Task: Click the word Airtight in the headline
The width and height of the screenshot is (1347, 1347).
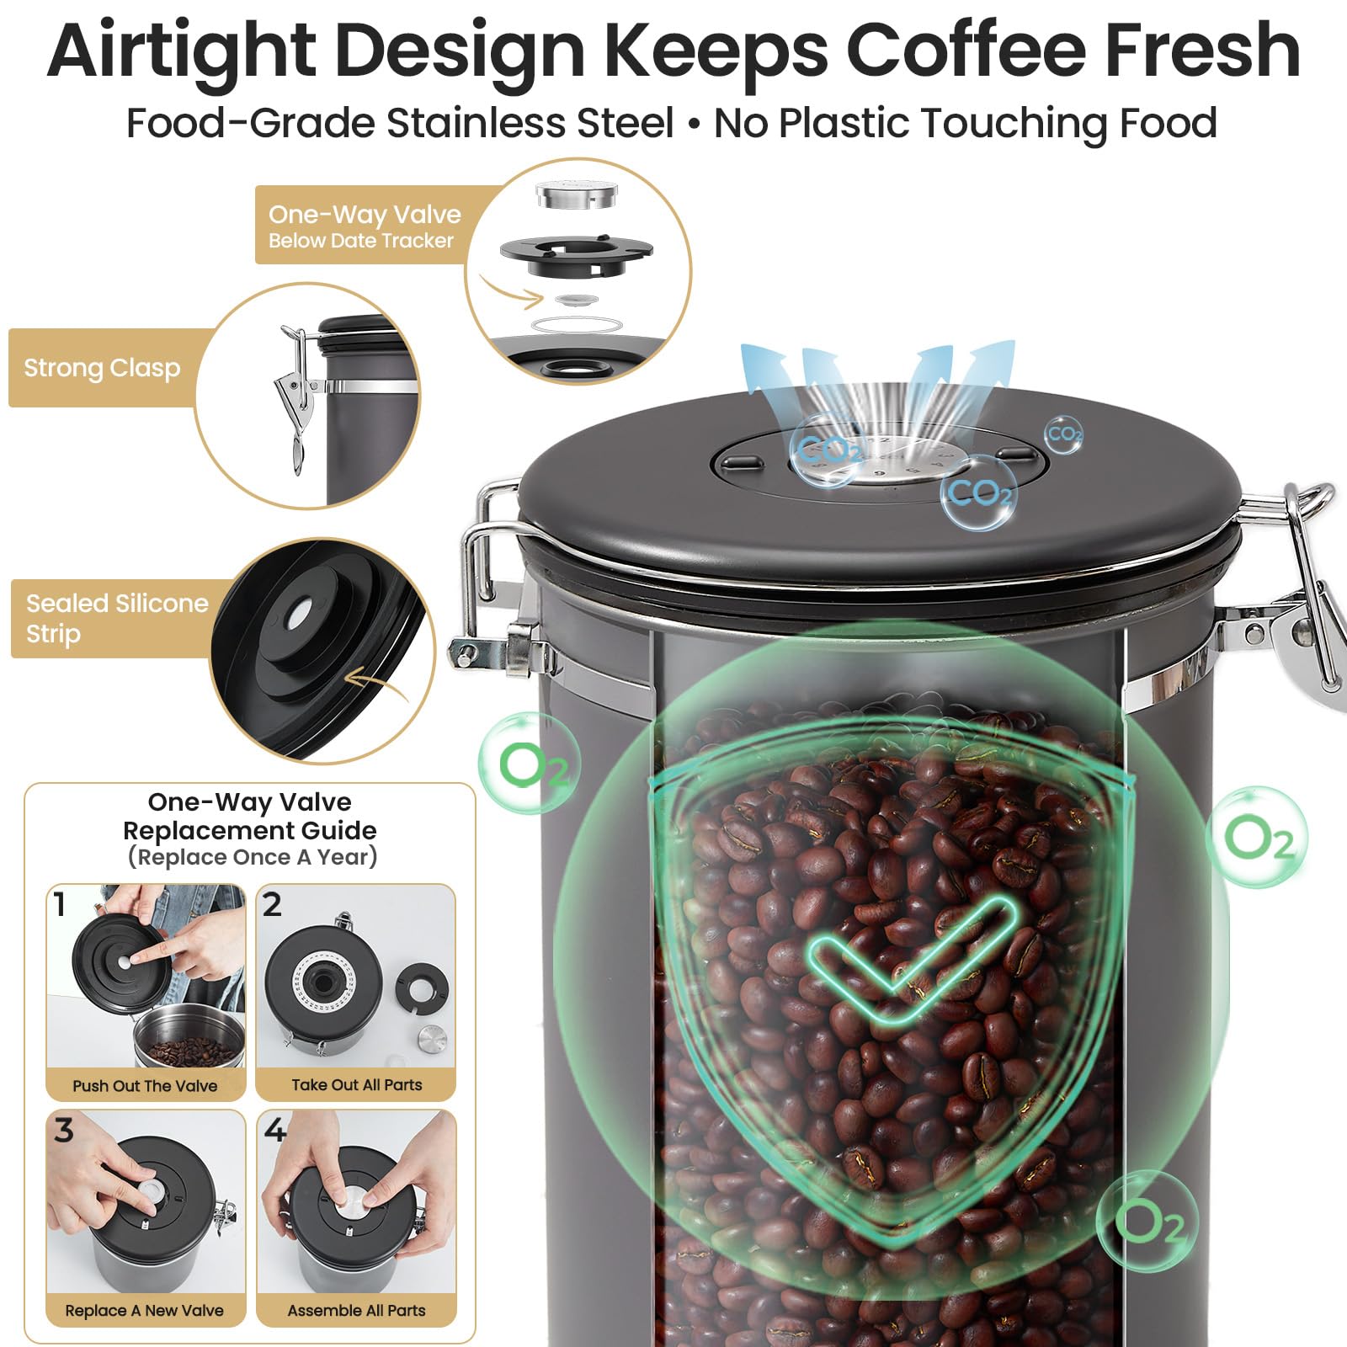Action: [182, 51]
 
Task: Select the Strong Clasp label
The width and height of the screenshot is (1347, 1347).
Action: [102, 368]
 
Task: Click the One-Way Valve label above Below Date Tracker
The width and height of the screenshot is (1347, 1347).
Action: [365, 215]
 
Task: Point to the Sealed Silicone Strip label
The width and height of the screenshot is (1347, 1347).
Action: [117, 618]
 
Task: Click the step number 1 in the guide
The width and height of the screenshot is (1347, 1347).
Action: [59, 905]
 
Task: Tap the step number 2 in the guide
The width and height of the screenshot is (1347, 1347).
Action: [272, 904]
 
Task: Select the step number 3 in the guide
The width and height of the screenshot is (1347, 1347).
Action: [64, 1130]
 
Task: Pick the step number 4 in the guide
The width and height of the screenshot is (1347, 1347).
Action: [274, 1129]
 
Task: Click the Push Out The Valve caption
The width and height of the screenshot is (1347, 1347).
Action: [145, 1086]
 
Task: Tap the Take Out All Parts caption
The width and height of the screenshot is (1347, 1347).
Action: [357, 1085]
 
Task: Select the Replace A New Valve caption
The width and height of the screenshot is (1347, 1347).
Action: [144, 1311]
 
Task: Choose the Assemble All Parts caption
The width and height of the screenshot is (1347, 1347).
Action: [356, 1311]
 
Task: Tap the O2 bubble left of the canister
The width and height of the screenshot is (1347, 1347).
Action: [530, 764]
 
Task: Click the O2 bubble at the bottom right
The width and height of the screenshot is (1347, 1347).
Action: [1148, 1222]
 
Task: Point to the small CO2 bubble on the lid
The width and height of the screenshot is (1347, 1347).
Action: [1064, 434]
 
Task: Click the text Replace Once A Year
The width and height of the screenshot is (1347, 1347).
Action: [253, 857]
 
